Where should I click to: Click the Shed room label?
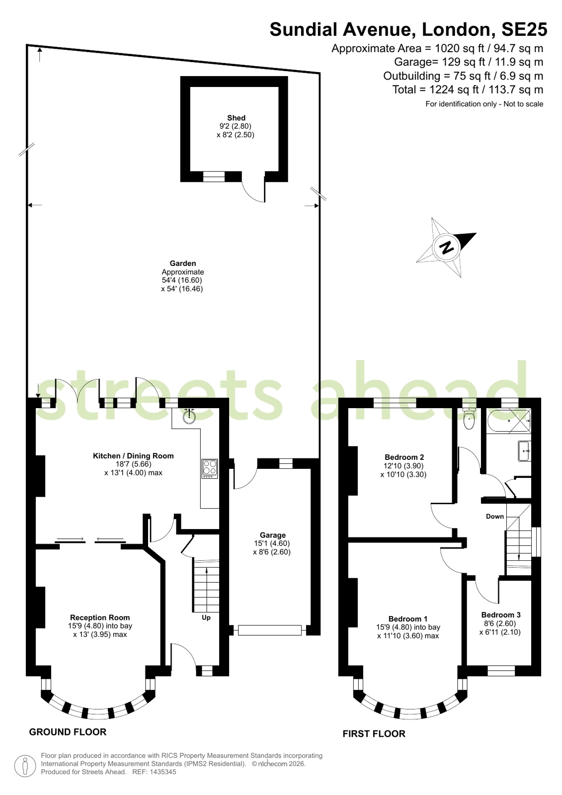[x=237, y=118]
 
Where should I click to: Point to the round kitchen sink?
[x=189, y=416]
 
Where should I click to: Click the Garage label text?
[x=272, y=535]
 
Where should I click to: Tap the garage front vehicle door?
[x=270, y=630]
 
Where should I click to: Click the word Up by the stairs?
[x=206, y=618]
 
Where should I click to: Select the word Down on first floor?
[x=494, y=517]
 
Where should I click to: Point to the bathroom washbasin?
[x=524, y=451]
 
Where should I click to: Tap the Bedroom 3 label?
[x=500, y=615]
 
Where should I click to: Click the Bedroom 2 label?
[x=404, y=457]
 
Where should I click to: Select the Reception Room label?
[x=100, y=618]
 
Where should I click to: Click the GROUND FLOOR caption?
[x=68, y=732]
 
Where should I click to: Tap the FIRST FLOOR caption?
[x=374, y=734]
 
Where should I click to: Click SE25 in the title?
[x=524, y=29]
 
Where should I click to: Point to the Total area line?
[x=468, y=89]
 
